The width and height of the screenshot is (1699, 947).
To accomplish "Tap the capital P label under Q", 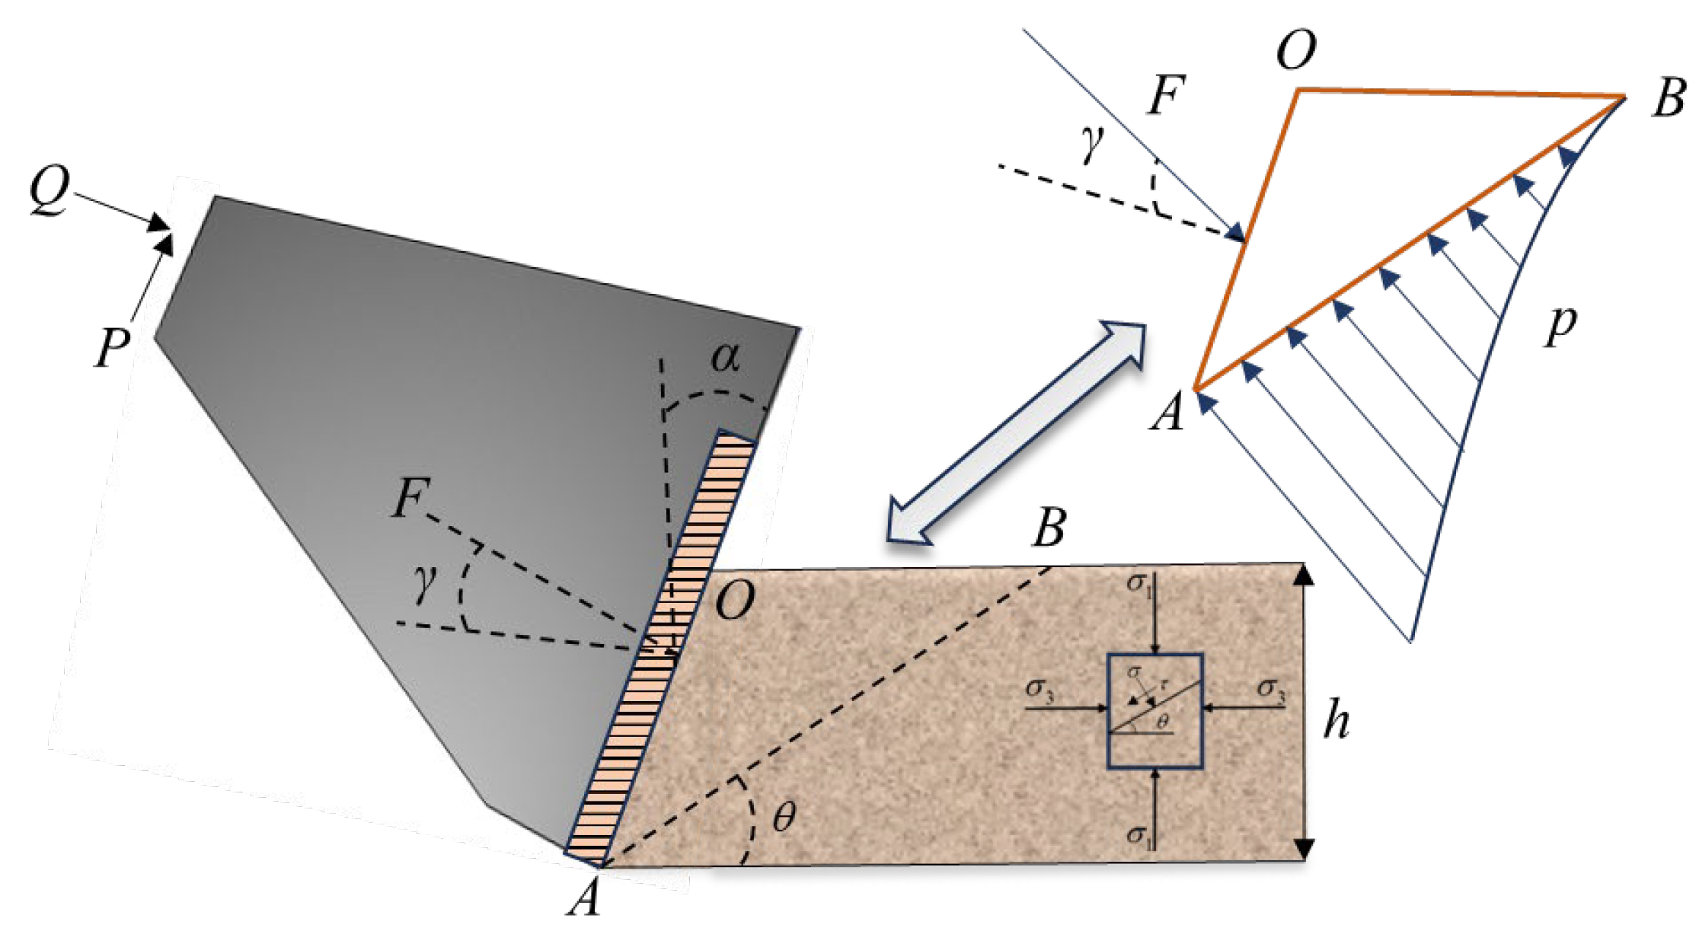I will [x=112, y=349].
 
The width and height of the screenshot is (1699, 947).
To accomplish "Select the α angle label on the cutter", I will [x=725, y=356].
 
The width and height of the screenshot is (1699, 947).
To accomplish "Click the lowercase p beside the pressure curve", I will [x=1560, y=328].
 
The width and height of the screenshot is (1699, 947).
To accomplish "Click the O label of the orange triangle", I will [x=1295, y=52].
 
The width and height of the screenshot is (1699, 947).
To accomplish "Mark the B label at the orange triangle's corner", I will [x=1668, y=100].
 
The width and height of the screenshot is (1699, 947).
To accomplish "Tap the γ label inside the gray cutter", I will [x=424, y=584].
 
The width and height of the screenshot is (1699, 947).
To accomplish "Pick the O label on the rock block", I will [x=735, y=602].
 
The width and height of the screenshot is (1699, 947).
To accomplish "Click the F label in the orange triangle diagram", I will [x=1166, y=97].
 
